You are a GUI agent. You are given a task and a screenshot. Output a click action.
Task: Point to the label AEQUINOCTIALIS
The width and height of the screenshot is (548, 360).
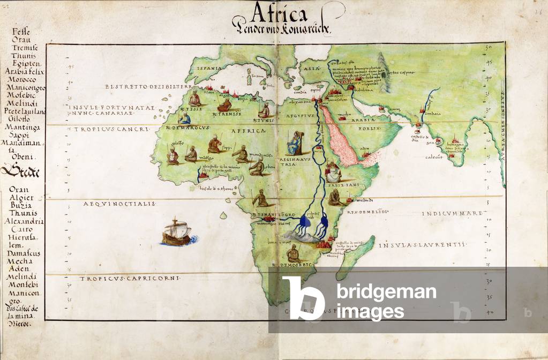pos(119,204)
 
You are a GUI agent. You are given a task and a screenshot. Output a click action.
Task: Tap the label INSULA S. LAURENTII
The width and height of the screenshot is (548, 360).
pos(420,245)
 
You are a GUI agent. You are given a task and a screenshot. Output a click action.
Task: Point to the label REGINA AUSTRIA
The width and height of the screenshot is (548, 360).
pos(294,162)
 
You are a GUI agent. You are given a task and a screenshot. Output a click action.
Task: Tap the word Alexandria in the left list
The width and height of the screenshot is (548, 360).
pos(22,221)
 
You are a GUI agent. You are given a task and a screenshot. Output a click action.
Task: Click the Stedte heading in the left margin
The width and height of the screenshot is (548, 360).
pos(19,171)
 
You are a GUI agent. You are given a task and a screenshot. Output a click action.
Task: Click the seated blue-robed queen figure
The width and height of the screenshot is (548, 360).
pos(295,143)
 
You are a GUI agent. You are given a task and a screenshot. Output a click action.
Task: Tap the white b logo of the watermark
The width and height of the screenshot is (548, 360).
pos(303,298)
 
